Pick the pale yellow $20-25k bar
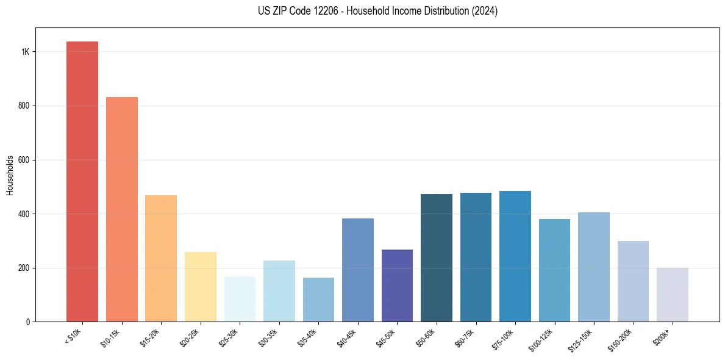point(201,287)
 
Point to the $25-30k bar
point(240,299)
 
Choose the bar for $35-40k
point(318,300)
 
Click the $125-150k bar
point(594,267)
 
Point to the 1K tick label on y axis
point(25,52)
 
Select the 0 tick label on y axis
point(27,322)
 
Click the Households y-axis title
point(10,175)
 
